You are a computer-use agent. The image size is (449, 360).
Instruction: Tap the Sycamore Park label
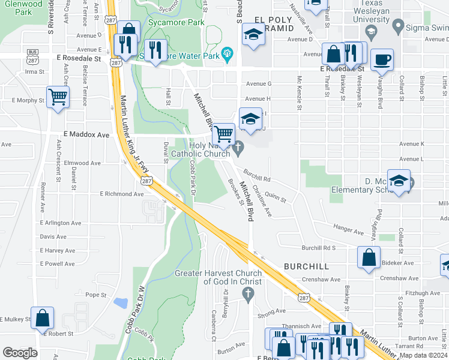tap(175, 22)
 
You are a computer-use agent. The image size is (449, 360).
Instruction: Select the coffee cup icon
tap(382, 61)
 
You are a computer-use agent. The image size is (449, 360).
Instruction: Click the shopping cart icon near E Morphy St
tap(58, 97)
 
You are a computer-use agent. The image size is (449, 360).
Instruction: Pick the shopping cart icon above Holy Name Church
tap(224, 133)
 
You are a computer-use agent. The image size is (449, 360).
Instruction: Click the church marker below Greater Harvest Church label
tap(247, 293)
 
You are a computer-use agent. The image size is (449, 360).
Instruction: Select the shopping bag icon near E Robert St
tap(43, 318)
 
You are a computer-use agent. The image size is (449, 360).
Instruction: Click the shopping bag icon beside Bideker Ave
tap(369, 257)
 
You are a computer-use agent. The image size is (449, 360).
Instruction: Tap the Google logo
tap(20, 352)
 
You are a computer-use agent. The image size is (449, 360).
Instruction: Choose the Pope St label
tap(95, 295)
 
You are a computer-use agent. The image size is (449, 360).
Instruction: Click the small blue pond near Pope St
tap(121, 302)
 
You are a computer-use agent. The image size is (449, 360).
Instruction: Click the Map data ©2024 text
tap(423, 355)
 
